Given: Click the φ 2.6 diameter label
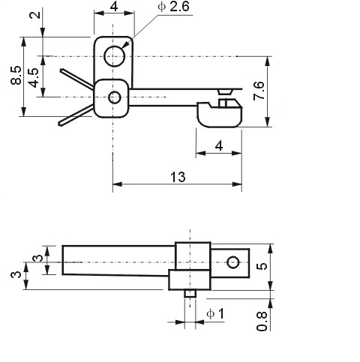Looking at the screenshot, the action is coord(173,7).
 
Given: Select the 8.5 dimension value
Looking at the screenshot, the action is coord(16,75).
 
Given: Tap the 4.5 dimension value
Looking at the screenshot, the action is coord(34,78).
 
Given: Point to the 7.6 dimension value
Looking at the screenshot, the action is coord(259,91).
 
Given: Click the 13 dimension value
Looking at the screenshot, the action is coord(178,177).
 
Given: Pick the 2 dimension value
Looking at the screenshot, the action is coord(34,15).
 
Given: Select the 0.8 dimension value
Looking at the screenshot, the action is coord(262,322).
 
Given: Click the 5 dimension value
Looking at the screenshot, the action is coord(262,266).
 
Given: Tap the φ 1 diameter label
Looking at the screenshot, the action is coord(215,314).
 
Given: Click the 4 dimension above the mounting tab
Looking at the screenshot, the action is coord(114,7).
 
